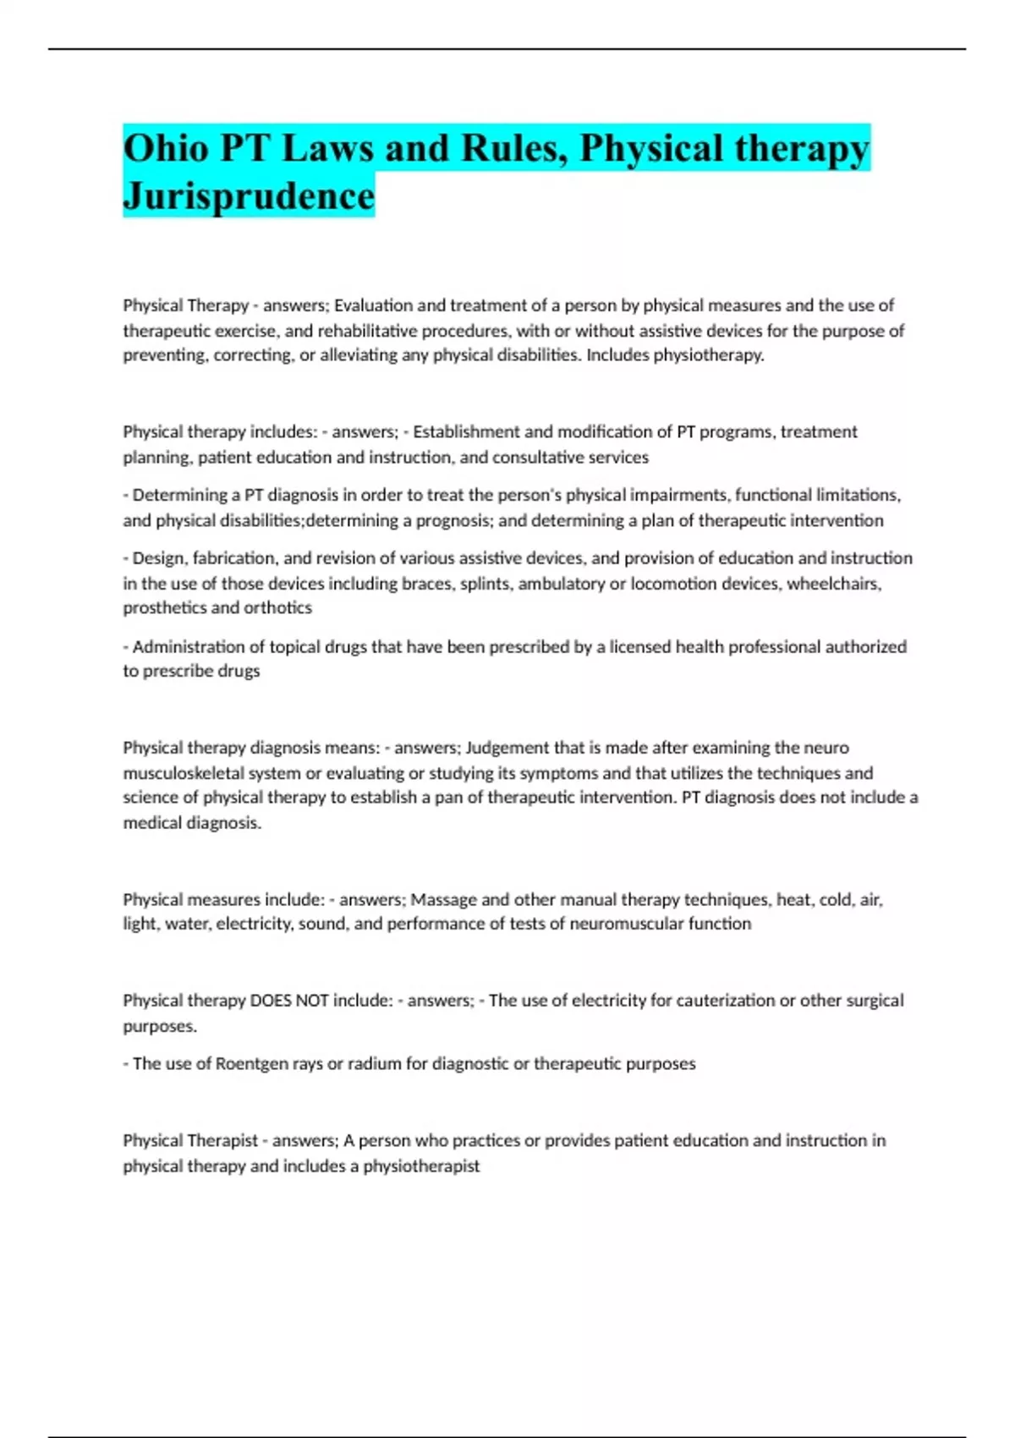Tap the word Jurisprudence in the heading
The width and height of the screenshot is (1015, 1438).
click(x=249, y=196)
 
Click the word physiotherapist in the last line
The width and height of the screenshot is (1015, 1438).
click(x=421, y=1166)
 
